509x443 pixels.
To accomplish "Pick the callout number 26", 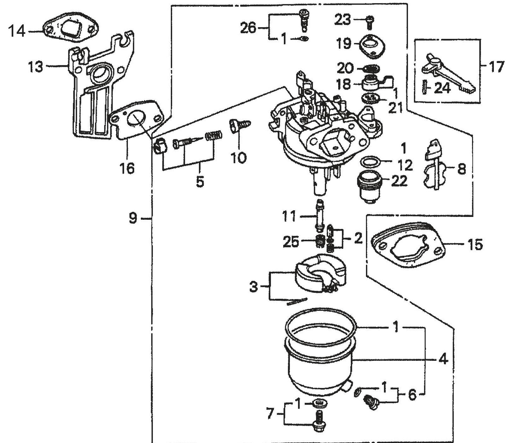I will coord(248,28).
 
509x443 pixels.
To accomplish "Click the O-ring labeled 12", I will coord(370,163).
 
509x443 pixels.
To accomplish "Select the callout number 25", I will coord(291,242).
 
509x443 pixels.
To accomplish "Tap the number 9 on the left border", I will coord(132,219).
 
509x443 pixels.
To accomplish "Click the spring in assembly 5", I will coord(213,135).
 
